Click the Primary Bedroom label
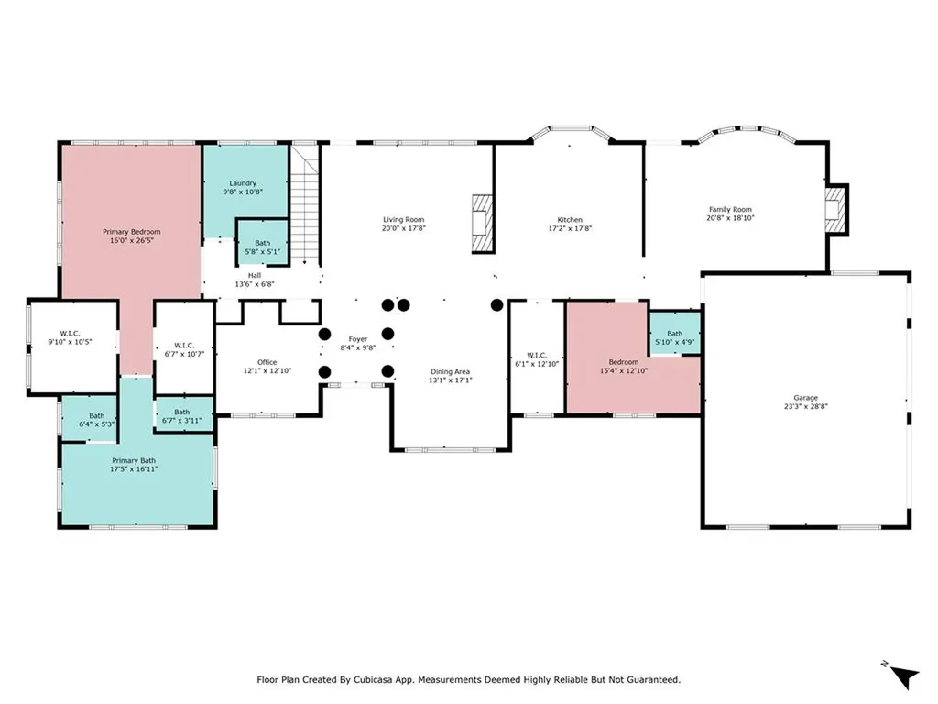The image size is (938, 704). point(130,232)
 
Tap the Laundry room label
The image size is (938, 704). point(243,182)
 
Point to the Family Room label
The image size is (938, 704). point(730,209)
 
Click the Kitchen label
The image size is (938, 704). point(570,219)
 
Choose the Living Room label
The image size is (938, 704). point(404,219)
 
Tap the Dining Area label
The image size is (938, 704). point(451,371)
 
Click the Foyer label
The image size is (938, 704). point(357,339)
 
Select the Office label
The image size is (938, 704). point(267,362)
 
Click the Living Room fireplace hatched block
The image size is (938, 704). point(482,223)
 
